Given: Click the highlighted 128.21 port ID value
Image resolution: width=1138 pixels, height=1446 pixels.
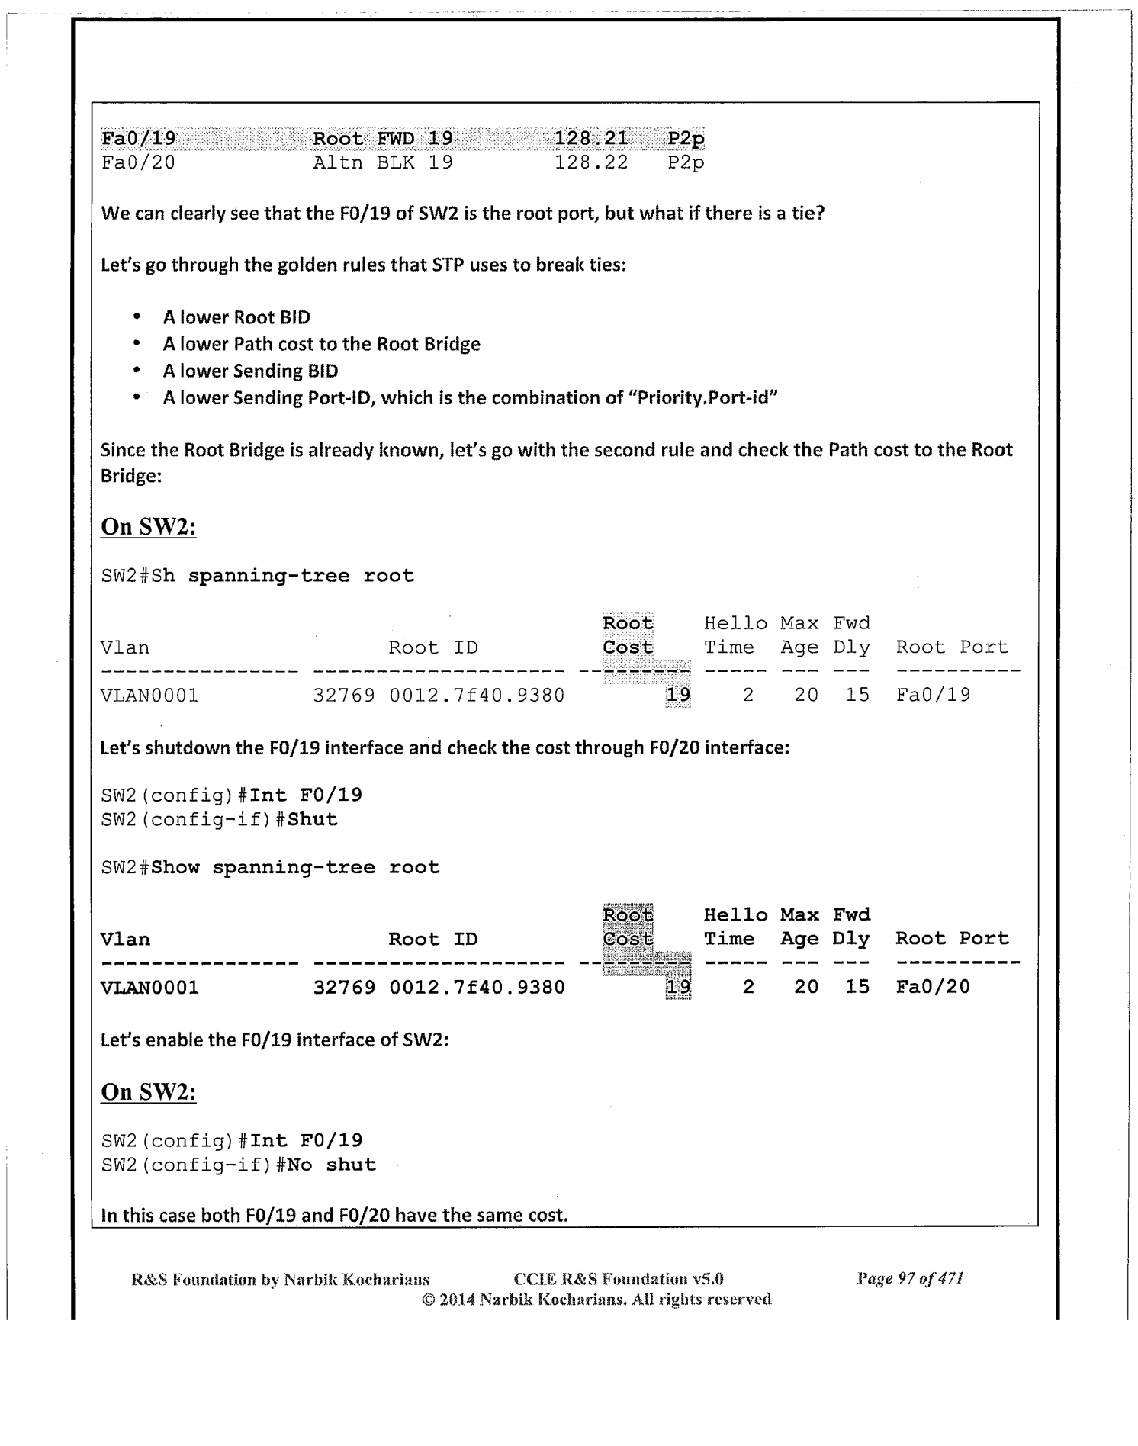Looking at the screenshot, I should click(x=590, y=138).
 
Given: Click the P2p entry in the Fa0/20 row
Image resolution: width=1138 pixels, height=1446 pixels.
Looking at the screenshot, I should click(x=685, y=162).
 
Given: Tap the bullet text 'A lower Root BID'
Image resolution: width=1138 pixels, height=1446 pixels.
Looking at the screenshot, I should click(x=236, y=317).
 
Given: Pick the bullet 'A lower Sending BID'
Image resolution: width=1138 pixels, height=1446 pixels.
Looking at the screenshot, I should click(x=250, y=371).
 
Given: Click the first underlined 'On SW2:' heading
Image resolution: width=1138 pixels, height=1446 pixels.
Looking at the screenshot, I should click(x=148, y=527).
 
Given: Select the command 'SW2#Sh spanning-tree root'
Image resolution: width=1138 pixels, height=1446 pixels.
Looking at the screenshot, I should click(x=257, y=576).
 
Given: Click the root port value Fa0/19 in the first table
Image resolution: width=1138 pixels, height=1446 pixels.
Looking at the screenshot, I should click(x=933, y=695).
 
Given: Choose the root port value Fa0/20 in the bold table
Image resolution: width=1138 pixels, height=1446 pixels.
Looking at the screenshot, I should click(x=932, y=987).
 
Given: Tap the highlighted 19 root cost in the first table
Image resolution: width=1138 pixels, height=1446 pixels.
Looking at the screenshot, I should click(x=678, y=695).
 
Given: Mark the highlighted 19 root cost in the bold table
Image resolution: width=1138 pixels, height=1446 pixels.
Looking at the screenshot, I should click(x=678, y=987).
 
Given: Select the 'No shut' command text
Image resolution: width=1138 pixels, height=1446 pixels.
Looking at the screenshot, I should click(x=331, y=1165).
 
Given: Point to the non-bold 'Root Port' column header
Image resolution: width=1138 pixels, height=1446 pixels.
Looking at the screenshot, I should click(x=951, y=647).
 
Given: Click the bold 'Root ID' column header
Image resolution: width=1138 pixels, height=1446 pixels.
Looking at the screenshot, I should click(x=432, y=940).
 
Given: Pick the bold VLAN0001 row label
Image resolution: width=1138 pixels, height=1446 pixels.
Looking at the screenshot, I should click(x=149, y=988).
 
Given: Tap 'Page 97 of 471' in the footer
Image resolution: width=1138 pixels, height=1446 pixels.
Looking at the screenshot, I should click(x=910, y=1278).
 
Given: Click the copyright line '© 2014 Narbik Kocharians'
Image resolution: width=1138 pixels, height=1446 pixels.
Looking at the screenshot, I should click(x=596, y=1299).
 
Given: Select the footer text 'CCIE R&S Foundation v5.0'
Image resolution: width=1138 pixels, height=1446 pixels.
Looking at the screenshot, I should click(x=619, y=1279).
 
